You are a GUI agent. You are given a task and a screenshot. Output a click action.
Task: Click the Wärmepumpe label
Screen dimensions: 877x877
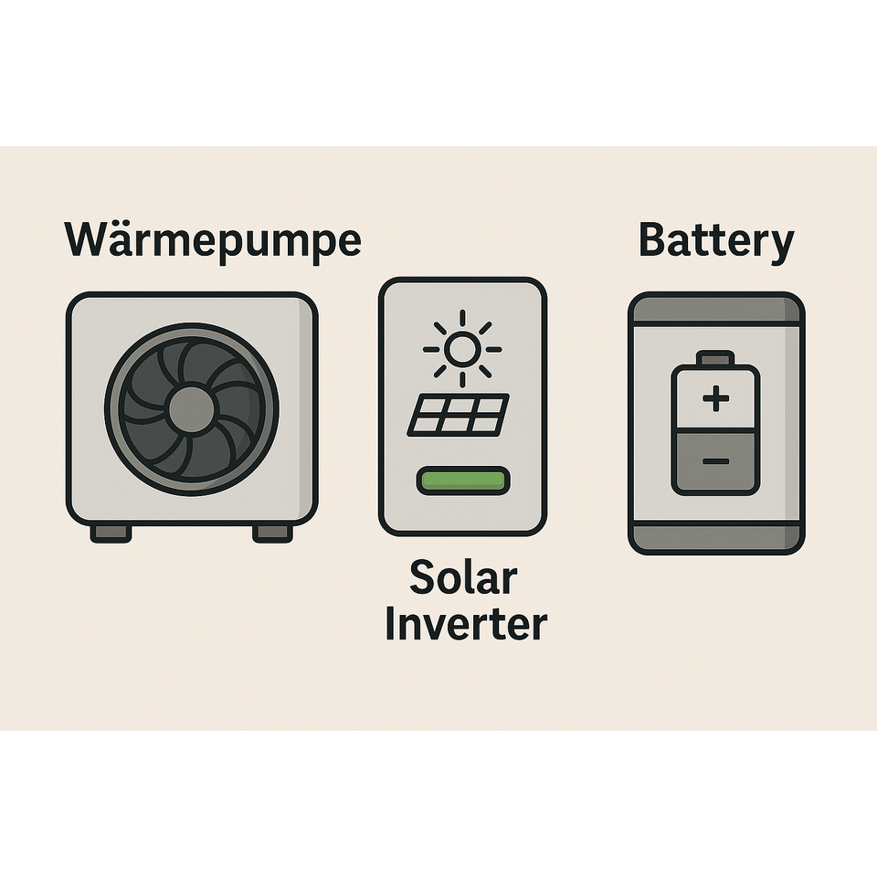point(213,240)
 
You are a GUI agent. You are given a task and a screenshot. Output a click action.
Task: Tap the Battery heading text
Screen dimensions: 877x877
point(715,240)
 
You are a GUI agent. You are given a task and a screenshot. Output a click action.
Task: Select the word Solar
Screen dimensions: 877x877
point(463,577)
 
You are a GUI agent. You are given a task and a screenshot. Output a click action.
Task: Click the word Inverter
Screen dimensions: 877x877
point(465,625)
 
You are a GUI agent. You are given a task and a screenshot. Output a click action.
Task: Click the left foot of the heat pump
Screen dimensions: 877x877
point(111,533)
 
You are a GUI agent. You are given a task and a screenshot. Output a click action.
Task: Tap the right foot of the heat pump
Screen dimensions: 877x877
point(272,533)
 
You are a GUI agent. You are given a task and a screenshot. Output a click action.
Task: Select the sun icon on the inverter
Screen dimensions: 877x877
point(462,348)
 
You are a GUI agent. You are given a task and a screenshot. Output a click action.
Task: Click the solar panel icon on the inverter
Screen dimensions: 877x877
point(458,414)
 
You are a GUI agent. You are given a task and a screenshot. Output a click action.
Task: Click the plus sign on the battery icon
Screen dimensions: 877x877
point(716,398)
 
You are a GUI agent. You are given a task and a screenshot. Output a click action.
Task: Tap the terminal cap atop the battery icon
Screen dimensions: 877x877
point(715,357)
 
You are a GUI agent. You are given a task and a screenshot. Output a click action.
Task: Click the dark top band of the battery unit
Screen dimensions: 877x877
point(716,309)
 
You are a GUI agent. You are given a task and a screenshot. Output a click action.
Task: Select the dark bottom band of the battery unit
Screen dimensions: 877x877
point(716,538)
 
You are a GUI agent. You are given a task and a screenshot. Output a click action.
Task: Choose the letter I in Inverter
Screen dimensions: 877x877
point(390,625)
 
